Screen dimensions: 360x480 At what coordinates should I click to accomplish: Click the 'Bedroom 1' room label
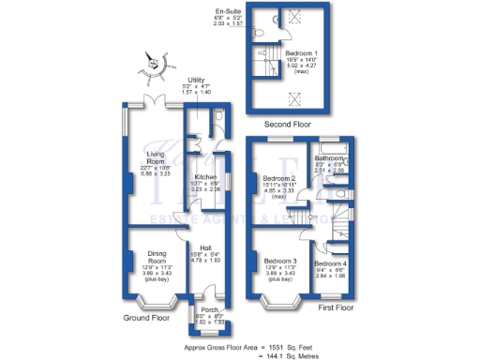click(302, 53)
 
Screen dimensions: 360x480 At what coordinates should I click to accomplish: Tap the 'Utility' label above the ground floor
click(196, 80)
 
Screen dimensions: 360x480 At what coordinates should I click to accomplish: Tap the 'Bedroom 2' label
click(278, 178)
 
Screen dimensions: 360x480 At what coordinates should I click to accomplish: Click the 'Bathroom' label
click(329, 158)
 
